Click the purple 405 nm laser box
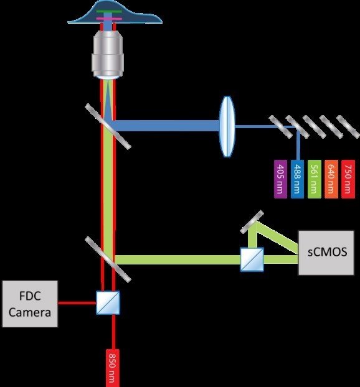tap(281, 179)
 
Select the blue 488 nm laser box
tap(297, 179)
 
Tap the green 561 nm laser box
tap(315, 179)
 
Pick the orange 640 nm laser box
tap(331, 179)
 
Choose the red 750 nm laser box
tap(348, 179)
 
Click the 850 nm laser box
tap(113, 368)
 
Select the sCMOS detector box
tap(326, 253)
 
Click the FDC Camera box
tap(30, 304)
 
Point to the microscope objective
tap(108, 54)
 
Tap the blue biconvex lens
tap(227, 126)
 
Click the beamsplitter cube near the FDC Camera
tap(108, 302)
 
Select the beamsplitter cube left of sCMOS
tap(252, 259)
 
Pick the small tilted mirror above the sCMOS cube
tap(252, 221)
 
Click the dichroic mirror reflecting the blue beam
tap(108, 126)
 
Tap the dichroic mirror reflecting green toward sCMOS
tap(108, 259)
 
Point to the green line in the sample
tap(109, 11)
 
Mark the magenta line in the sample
tap(109, 19)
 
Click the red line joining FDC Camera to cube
tap(77, 303)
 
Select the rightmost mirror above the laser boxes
tap(348, 126)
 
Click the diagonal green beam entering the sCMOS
tap(277, 237)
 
